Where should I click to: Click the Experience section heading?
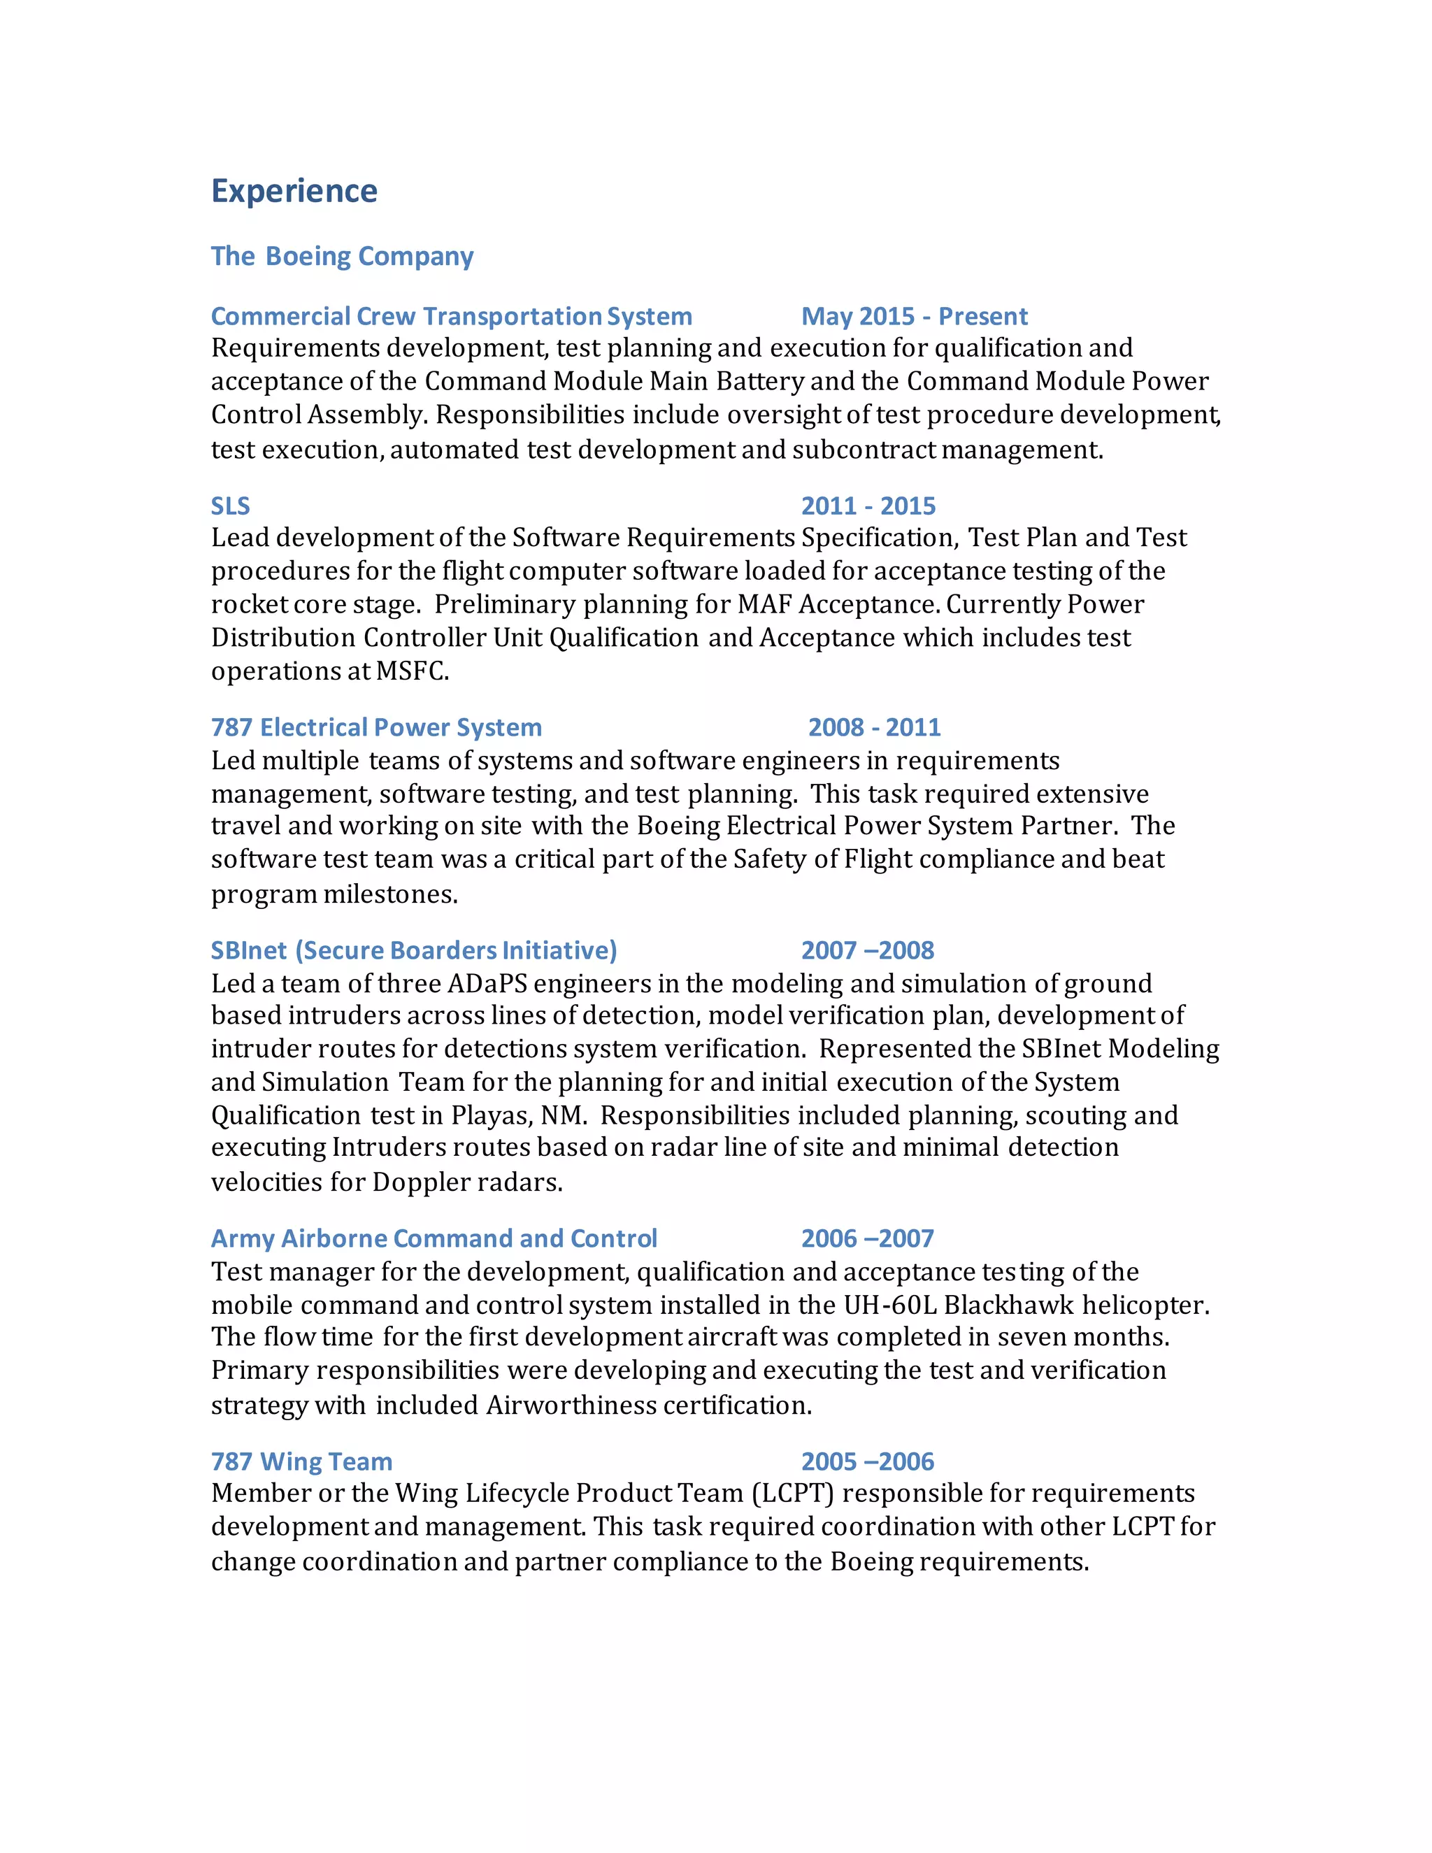(294, 191)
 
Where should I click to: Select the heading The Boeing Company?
(342, 256)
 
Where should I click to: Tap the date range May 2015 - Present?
(914, 317)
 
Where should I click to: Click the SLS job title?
(230, 506)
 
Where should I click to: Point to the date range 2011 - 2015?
(868, 506)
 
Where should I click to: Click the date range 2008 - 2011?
(874, 727)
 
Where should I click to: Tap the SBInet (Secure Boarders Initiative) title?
(413, 950)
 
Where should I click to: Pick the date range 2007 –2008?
(867, 950)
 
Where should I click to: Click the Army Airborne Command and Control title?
(434, 1239)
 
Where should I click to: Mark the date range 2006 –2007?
(867, 1239)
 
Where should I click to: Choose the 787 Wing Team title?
(301, 1462)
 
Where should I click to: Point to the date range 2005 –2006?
(867, 1462)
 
